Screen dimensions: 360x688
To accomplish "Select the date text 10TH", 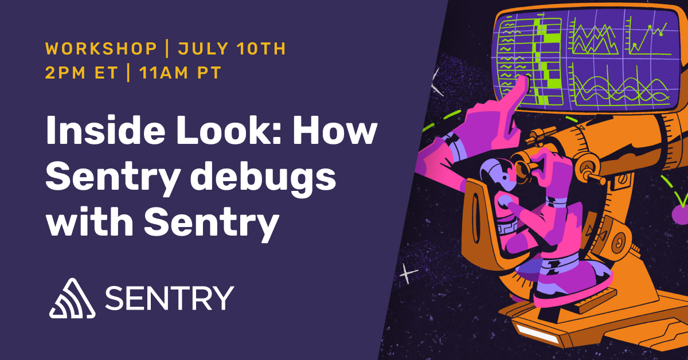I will click(x=259, y=49).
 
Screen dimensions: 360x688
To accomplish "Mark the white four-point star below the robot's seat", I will click(x=408, y=275).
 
